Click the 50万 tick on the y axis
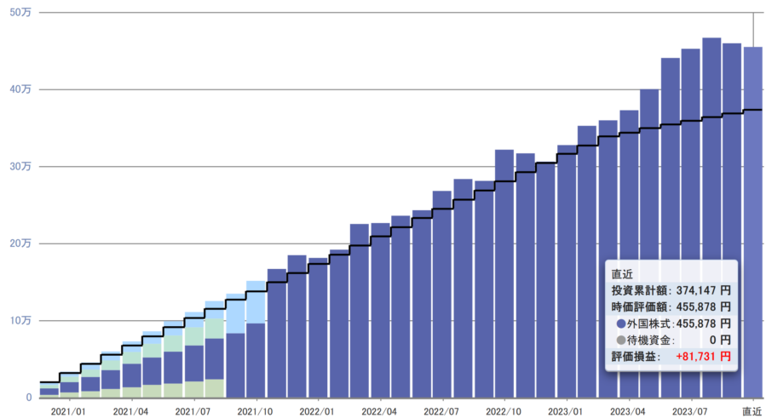point(22,12)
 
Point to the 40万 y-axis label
point(22,89)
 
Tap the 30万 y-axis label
point(22,166)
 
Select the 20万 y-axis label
point(22,243)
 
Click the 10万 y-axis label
point(22,320)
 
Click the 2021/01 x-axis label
point(67,410)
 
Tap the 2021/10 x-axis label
point(255,410)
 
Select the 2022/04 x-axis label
point(379,410)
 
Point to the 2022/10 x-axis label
point(504,410)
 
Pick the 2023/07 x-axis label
point(691,410)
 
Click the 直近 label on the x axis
point(752,410)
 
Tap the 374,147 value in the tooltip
point(696,290)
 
